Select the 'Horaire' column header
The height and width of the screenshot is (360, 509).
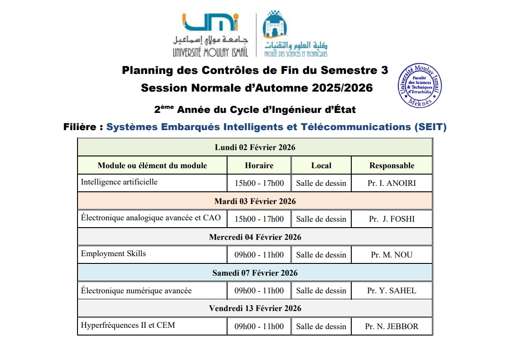(259, 165)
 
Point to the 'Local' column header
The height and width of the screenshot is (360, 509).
(321, 165)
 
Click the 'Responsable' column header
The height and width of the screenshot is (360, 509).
(392, 165)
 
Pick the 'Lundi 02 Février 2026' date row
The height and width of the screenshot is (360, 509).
(255, 147)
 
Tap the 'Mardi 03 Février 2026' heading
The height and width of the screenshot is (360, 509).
(255, 201)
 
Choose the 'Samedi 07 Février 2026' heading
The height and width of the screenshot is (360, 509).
(255, 272)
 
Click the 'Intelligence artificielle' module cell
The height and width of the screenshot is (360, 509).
(119, 182)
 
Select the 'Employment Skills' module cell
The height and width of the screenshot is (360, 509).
(113, 253)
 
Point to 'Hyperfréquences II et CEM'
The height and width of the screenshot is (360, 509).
(128, 325)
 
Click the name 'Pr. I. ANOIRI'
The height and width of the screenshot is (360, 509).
(392, 183)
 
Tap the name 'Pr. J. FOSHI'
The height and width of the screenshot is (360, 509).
(392, 219)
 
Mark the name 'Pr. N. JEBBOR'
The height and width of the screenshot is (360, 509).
(392, 326)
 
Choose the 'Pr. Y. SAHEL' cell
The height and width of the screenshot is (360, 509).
(392, 291)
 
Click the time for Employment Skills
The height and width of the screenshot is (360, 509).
(259, 255)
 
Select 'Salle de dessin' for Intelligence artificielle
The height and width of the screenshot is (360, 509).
(321, 183)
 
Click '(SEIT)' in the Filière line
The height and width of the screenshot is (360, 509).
(430, 127)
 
